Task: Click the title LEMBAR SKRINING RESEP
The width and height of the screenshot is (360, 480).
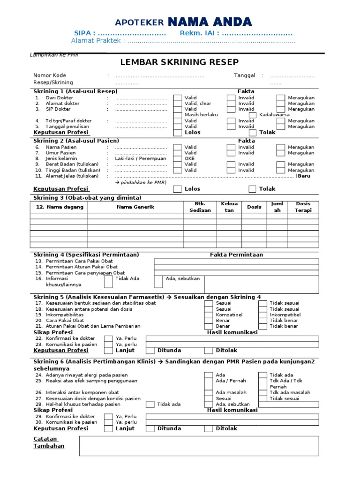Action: [180, 62]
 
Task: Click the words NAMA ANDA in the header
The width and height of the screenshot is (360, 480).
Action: [210, 22]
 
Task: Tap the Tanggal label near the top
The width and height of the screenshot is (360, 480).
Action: [244, 75]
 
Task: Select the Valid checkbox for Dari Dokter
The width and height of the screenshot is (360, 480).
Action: [178, 98]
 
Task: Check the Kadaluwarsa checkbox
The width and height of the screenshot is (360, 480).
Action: [253, 115]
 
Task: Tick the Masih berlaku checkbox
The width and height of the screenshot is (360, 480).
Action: [178, 115]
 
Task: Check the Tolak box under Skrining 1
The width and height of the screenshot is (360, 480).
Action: [253, 133]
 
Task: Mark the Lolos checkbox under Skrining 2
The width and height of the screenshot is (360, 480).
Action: [178, 189]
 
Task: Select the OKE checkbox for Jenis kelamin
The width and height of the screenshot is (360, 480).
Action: [178, 158]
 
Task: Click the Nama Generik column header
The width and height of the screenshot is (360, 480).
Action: [135, 207]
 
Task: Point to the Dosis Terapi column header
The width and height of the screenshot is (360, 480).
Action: [302, 207]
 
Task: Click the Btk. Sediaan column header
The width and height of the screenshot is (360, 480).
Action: [200, 207]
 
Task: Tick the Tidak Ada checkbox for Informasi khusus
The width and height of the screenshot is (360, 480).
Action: [108, 281]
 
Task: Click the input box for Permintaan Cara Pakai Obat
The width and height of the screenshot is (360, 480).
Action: [236, 261]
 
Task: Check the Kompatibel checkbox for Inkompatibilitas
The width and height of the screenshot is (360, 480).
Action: [208, 315]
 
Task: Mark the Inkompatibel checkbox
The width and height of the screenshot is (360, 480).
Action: [262, 315]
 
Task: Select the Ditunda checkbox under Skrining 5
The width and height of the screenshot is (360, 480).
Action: [150, 351]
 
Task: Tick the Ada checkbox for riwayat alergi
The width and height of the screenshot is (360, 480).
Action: [208, 375]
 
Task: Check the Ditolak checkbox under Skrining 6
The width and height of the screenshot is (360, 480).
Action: [208, 428]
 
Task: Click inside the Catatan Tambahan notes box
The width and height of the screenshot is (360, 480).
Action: [199, 446]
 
